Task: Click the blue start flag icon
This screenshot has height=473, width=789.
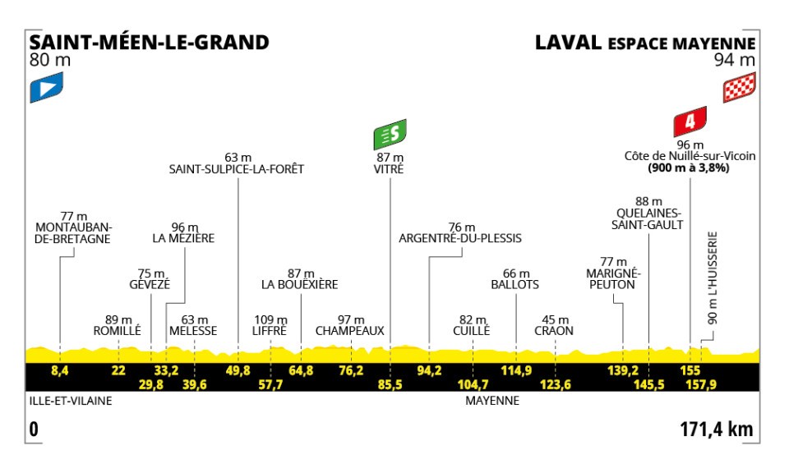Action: click(x=46, y=88)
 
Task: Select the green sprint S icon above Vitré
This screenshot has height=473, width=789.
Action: click(x=390, y=133)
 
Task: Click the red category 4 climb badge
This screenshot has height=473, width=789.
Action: click(x=690, y=123)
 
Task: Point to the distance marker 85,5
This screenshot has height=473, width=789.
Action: click(x=390, y=383)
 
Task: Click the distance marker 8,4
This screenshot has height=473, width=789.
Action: click(x=59, y=370)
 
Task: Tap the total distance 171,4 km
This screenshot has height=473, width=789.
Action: click(x=717, y=429)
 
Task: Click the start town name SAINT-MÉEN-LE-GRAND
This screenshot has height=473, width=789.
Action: click(x=149, y=42)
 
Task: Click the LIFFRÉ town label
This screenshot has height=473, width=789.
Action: click(x=270, y=331)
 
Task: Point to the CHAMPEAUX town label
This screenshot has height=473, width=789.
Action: click(x=351, y=331)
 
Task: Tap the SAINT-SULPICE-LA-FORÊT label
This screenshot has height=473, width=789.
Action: click(x=237, y=170)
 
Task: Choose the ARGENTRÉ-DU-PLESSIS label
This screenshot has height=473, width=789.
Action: click(x=460, y=239)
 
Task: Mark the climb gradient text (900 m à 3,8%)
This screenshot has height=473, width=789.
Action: click(x=689, y=168)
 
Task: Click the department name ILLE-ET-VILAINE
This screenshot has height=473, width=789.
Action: click(x=68, y=402)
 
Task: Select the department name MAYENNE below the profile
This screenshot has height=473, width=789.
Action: click(x=492, y=402)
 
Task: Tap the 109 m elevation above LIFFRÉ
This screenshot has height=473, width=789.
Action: click(x=270, y=319)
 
